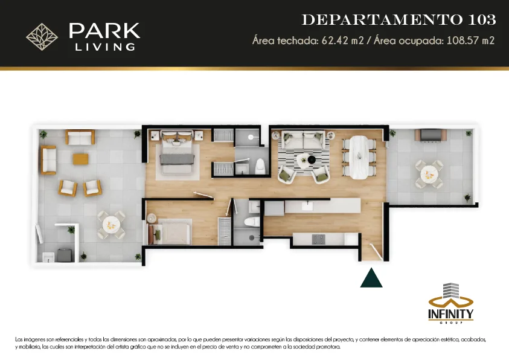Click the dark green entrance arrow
pos(371,279)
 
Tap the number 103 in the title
pos(482,20)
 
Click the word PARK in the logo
pos(104,31)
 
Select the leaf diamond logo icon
pos(42,37)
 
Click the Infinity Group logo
pos(450,303)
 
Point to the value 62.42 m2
pos(342,40)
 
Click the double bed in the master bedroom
pos(177,152)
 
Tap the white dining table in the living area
pos(359,157)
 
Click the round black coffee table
pos(312,159)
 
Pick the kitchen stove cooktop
pos(318,239)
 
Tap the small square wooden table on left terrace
pos(80,159)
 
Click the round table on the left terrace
pos(111,225)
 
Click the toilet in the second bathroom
pos(252,222)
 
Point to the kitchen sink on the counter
pos(307,206)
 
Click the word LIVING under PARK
pos(105,47)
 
